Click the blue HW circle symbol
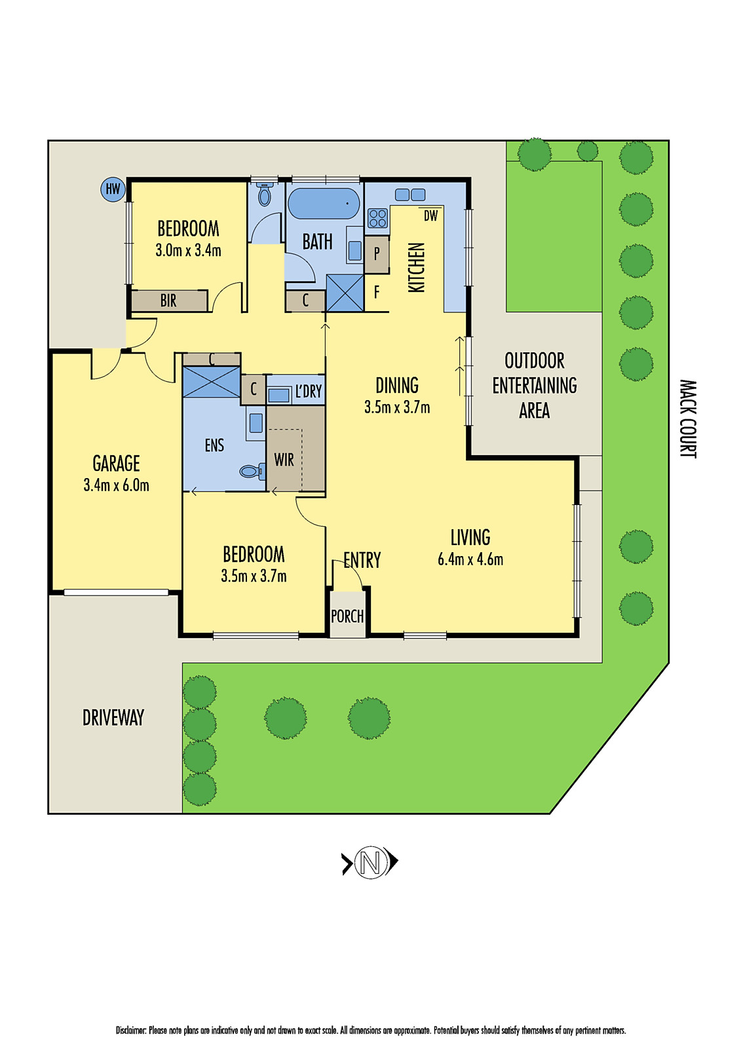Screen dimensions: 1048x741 click(x=113, y=189)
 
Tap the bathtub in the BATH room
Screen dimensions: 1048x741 click(x=324, y=204)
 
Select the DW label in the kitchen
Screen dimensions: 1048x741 click(x=430, y=215)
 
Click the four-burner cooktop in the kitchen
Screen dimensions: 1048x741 click(x=377, y=218)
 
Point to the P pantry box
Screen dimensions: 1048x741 click(x=377, y=253)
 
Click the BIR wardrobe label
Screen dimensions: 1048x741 click(x=168, y=301)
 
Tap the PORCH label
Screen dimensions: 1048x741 click(x=347, y=616)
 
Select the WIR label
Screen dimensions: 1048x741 click(x=284, y=460)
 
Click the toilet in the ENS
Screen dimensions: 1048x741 click(x=251, y=470)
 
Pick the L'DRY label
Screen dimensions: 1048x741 click(x=308, y=392)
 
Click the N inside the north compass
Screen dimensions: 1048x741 click(x=370, y=862)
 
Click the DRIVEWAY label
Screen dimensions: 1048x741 click(x=113, y=718)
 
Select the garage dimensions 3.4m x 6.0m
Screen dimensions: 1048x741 click(x=116, y=485)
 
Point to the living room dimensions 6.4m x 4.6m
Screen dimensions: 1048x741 click(x=470, y=559)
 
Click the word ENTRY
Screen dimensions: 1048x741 click(x=362, y=560)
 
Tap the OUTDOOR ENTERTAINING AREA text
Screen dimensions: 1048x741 click(x=534, y=385)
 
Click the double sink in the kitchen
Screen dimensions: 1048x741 click(x=410, y=195)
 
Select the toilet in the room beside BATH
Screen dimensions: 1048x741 click(x=265, y=195)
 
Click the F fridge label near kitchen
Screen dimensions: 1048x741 click(x=377, y=292)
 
